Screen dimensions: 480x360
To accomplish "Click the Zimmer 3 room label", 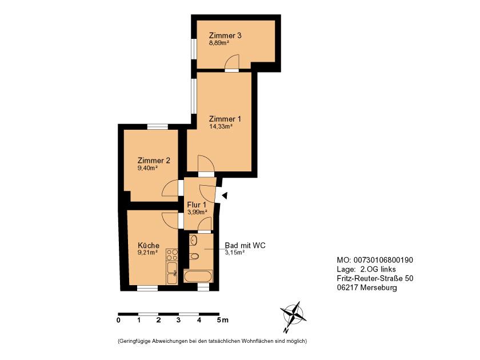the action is [225, 35].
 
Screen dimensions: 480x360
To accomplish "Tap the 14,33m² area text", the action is [221, 126].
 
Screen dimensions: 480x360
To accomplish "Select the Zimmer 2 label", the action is [154, 161].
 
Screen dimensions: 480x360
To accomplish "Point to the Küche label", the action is [149, 245].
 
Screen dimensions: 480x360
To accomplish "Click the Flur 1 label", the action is [197, 205].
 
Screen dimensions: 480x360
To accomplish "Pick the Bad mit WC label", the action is [245, 245].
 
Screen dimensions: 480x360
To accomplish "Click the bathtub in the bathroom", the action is [198, 276].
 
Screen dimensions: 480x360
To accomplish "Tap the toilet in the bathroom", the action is [194, 256].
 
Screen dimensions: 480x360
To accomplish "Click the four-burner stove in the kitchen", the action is [172, 255].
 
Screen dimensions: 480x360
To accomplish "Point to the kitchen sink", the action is [172, 273].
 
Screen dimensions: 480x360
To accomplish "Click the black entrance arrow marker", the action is [225, 195].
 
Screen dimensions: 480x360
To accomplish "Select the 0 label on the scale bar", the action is [118, 320].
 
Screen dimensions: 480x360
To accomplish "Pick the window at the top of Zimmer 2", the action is [158, 126].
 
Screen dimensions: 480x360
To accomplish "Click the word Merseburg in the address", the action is [379, 288].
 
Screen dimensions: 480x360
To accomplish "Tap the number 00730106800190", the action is [383, 260].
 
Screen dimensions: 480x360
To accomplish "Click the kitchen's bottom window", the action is [147, 288].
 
